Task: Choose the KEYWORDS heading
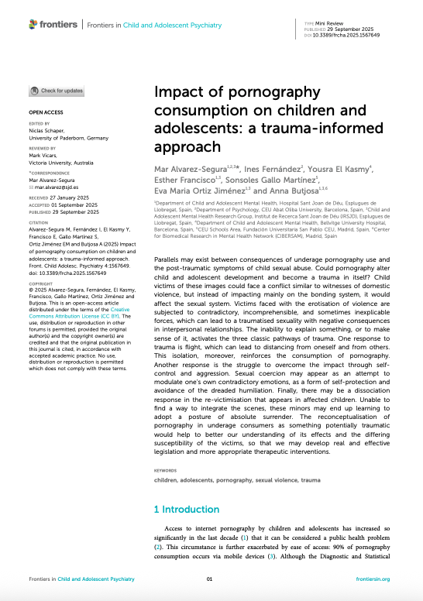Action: click(167, 469)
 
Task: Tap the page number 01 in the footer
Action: click(208, 579)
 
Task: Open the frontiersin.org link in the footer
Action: click(372, 579)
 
